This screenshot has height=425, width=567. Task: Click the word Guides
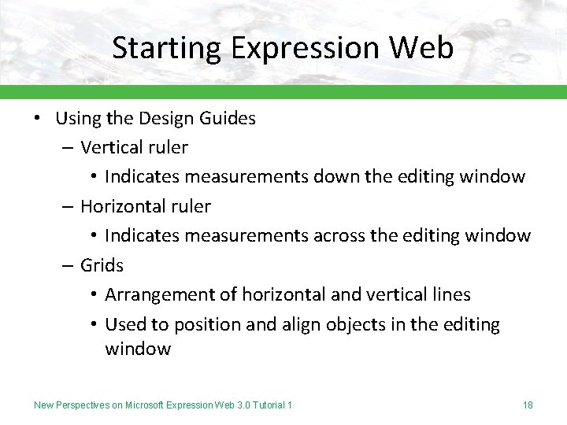(x=228, y=119)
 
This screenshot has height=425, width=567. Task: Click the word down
(x=336, y=176)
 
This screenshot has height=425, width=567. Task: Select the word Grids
(x=102, y=265)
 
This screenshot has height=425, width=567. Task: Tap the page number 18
(x=528, y=405)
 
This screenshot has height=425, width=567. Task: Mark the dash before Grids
(x=69, y=265)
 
